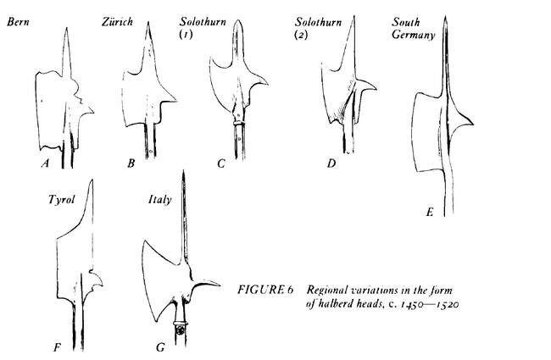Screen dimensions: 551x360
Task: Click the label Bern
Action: coord(18,22)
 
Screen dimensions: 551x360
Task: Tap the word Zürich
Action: coord(117,21)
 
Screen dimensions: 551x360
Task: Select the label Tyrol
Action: coord(62,200)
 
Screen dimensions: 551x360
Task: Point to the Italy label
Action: coord(160,200)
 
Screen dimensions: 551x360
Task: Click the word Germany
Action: coord(414,35)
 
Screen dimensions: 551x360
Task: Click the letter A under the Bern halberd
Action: coord(45,163)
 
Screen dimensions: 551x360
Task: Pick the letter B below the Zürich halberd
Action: coord(131,163)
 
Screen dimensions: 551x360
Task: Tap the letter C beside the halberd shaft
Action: coord(221,163)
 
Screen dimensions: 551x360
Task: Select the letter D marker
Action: coord(331,163)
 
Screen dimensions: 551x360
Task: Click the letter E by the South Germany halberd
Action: coord(430,212)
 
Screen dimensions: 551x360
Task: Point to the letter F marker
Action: coord(57,347)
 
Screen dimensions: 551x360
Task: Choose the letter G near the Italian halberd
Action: coord(160,347)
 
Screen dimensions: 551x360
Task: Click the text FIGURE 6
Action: coord(265,290)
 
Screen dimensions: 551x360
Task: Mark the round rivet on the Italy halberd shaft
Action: coord(181,330)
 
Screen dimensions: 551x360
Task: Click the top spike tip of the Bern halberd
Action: coord(66,28)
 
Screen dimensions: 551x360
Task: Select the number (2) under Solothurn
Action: coord(301,35)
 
